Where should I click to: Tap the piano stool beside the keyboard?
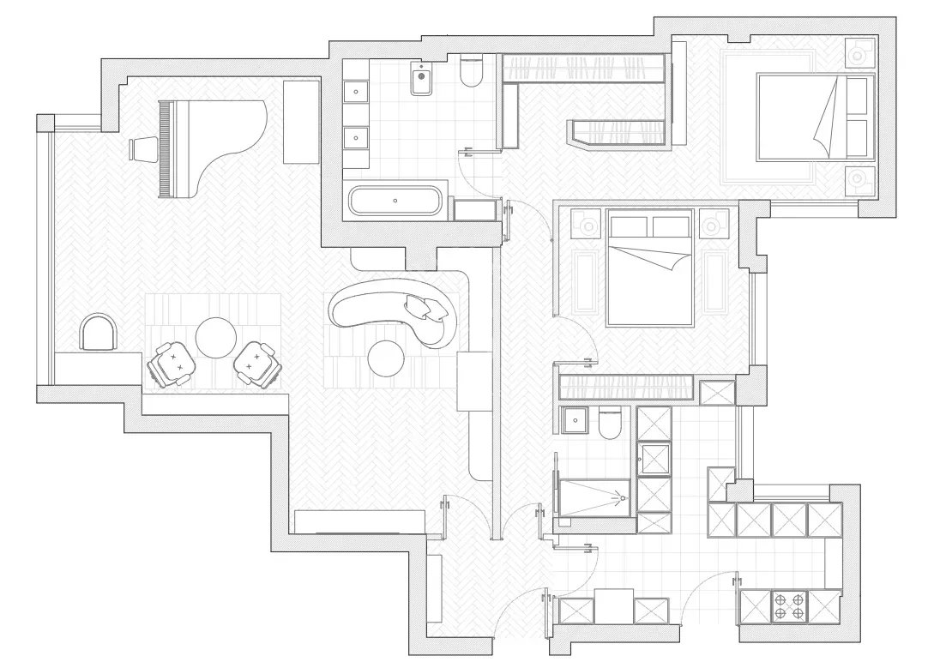pyautogui.click(x=144, y=148)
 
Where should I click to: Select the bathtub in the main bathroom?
pyautogui.click(x=395, y=202)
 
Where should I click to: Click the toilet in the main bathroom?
pyautogui.click(x=469, y=74)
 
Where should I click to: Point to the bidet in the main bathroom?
pyautogui.click(x=421, y=80)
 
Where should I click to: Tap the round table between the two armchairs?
pyautogui.click(x=214, y=337)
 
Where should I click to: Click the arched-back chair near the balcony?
pyautogui.click(x=98, y=333)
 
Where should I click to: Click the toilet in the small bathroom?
pyautogui.click(x=610, y=424)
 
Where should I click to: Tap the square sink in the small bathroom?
pyautogui.click(x=573, y=420)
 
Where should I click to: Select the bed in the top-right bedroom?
pyautogui.click(x=806, y=117)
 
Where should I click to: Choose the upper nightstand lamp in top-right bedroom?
pyautogui.click(x=858, y=53)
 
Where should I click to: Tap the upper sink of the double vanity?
pyautogui.click(x=355, y=92)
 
